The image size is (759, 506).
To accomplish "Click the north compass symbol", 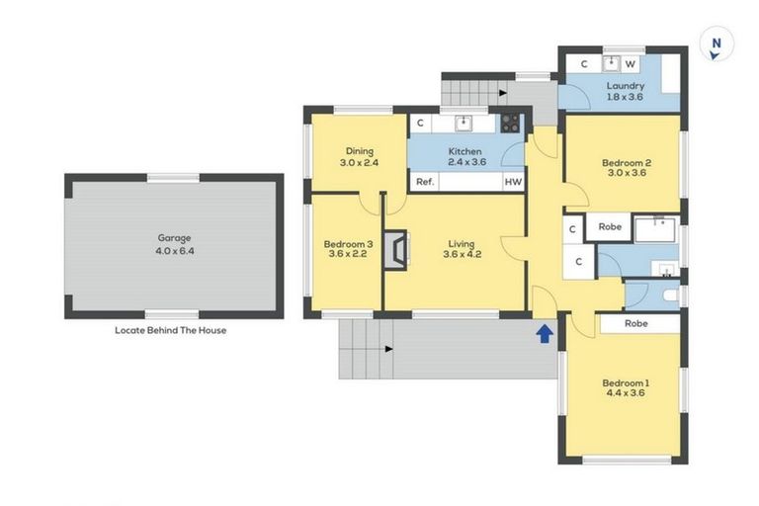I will (717, 44).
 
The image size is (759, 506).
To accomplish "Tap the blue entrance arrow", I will (544, 334).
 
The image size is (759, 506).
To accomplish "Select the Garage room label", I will (174, 238).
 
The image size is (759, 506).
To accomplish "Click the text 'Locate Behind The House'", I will (171, 330).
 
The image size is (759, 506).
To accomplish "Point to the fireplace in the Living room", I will (395, 249).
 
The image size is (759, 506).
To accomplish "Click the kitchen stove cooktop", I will (510, 124).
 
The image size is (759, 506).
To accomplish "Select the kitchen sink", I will (463, 124).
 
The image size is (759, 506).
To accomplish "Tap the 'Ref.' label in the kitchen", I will (425, 182).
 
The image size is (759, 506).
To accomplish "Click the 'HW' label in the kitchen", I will (513, 182).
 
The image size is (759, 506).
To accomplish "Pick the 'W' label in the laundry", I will (630, 64).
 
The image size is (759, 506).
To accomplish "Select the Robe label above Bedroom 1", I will (636, 323).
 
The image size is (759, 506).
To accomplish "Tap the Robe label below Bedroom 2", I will (610, 227).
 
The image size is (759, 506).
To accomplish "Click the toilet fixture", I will (670, 295).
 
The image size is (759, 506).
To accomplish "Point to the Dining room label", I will (359, 151).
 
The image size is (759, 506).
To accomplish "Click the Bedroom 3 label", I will (348, 244).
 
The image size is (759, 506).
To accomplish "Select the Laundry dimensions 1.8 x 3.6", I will (626, 98).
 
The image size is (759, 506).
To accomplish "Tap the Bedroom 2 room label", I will (626, 162).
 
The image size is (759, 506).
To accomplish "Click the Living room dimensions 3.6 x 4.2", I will (461, 255).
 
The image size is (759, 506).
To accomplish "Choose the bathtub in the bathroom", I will (655, 229).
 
